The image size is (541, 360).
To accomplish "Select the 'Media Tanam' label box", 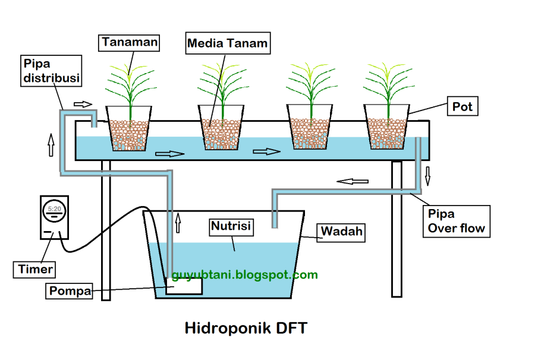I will tap(227, 43).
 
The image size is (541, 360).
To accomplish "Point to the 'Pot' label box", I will tap(462, 108).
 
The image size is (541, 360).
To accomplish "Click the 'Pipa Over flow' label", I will tap(456, 221).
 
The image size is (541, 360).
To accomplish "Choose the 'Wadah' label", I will tap(342, 232).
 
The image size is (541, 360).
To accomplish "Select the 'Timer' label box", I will tap(35, 269).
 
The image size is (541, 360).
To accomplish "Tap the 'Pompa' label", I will tap(70, 292).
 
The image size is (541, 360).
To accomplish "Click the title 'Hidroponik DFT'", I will tap(246, 327).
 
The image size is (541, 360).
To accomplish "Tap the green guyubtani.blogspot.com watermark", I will tap(244, 274).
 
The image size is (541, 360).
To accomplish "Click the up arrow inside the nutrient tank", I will tap(178, 223).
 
